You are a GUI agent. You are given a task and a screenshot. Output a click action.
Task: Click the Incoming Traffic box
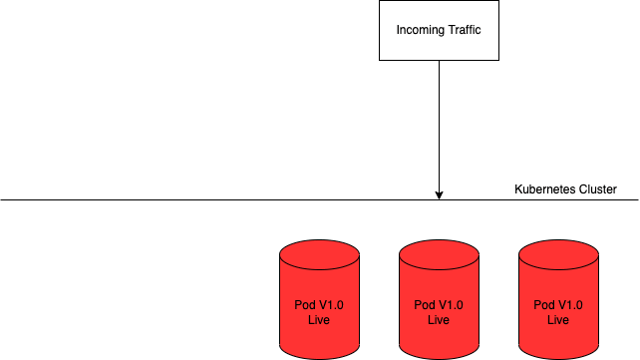[439, 30]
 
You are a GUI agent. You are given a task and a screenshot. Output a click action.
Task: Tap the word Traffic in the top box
[465, 29]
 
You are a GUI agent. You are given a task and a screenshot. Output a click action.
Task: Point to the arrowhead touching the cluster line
[440, 195]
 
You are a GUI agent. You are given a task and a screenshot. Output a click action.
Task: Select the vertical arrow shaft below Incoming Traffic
[440, 126]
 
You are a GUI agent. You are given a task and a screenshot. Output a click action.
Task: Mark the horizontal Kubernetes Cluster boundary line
[320, 200]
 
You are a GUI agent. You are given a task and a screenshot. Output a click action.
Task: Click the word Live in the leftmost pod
[319, 320]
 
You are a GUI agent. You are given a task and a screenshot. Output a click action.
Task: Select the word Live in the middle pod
[439, 320]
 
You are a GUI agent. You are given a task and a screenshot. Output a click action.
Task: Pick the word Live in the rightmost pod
[558, 320]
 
